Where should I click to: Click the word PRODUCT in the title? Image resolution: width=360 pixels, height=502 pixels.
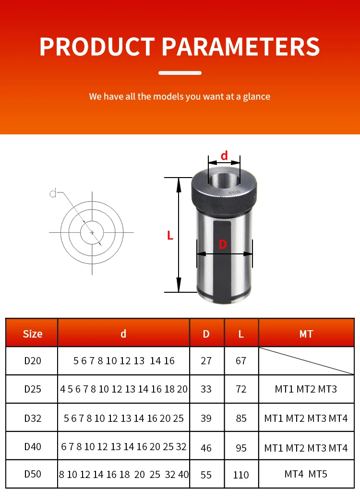pyautogui.click(x=97, y=47)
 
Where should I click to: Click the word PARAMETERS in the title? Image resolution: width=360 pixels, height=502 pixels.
pyautogui.click(x=241, y=47)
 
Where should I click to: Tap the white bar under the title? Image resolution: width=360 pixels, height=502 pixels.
pyautogui.click(x=180, y=73)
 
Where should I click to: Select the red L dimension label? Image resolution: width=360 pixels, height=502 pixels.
pyautogui.click(x=170, y=236)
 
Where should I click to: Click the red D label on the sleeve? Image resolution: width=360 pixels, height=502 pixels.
pyautogui.click(x=223, y=245)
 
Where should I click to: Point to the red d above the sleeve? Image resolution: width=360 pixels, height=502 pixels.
pyautogui.click(x=224, y=155)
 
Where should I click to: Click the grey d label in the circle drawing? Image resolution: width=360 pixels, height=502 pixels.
pyautogui.click(x=53, y=193)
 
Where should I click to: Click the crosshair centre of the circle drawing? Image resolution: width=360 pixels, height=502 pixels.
pyautogui.click(x=92, y=232)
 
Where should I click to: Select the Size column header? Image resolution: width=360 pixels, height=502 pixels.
pyautogui.click(x=33, y=334)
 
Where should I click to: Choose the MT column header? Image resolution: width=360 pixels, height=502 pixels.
pyautogui.click(x=306, y=334)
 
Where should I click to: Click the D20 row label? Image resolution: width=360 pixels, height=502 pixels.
pyautogui.click(x=33, y=361)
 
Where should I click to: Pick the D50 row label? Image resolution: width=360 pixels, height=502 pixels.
pyautogui.click(x=33, y=474)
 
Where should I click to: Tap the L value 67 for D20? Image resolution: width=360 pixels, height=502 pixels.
pyautogui.click(x=241, y=361)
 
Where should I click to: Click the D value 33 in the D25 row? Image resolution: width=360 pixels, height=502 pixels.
pyautogui.click(x=206, y=389)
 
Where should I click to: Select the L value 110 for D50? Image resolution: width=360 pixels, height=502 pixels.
pyautogui.click(x=241, y=475)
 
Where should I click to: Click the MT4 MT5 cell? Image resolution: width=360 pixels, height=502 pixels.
pyautogui.click(x=306, y=474)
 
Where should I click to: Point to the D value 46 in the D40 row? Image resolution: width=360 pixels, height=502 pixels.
pyautogui.click(x=206, y=448)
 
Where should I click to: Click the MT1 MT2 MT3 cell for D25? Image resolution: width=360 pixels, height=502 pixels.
pyautogui.click(x=306, y=389)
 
